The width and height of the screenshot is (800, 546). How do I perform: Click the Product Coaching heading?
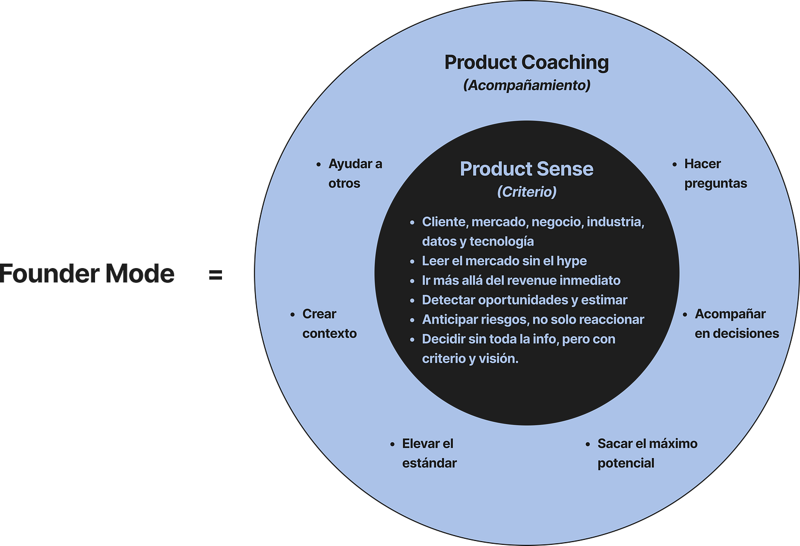click(x=526, y=63)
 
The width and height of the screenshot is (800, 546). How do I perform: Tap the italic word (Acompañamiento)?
click(x=526, y=85)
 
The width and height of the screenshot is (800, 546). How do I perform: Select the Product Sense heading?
click(x=526, y=169)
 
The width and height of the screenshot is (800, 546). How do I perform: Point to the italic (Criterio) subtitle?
click(x=526, y=192)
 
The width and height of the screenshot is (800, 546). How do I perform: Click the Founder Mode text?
click(x=87, y=273)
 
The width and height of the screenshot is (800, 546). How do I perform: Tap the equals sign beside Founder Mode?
click(x=216, y=274)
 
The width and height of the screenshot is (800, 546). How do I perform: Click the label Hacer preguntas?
click(x=715, y=174)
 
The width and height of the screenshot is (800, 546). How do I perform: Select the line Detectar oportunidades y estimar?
click(x=524, y=300)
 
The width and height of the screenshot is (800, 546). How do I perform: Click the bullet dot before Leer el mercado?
click(x=412, y=262)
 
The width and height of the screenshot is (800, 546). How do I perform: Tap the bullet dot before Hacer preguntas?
click(x=675, y=164)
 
